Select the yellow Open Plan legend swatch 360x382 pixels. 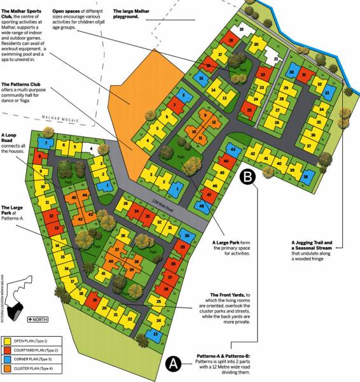(9, 341)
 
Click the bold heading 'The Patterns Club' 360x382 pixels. (23, 84)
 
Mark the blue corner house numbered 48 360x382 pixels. (202, 206)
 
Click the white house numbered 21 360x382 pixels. (275, 59)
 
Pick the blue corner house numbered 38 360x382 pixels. (308, 176)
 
